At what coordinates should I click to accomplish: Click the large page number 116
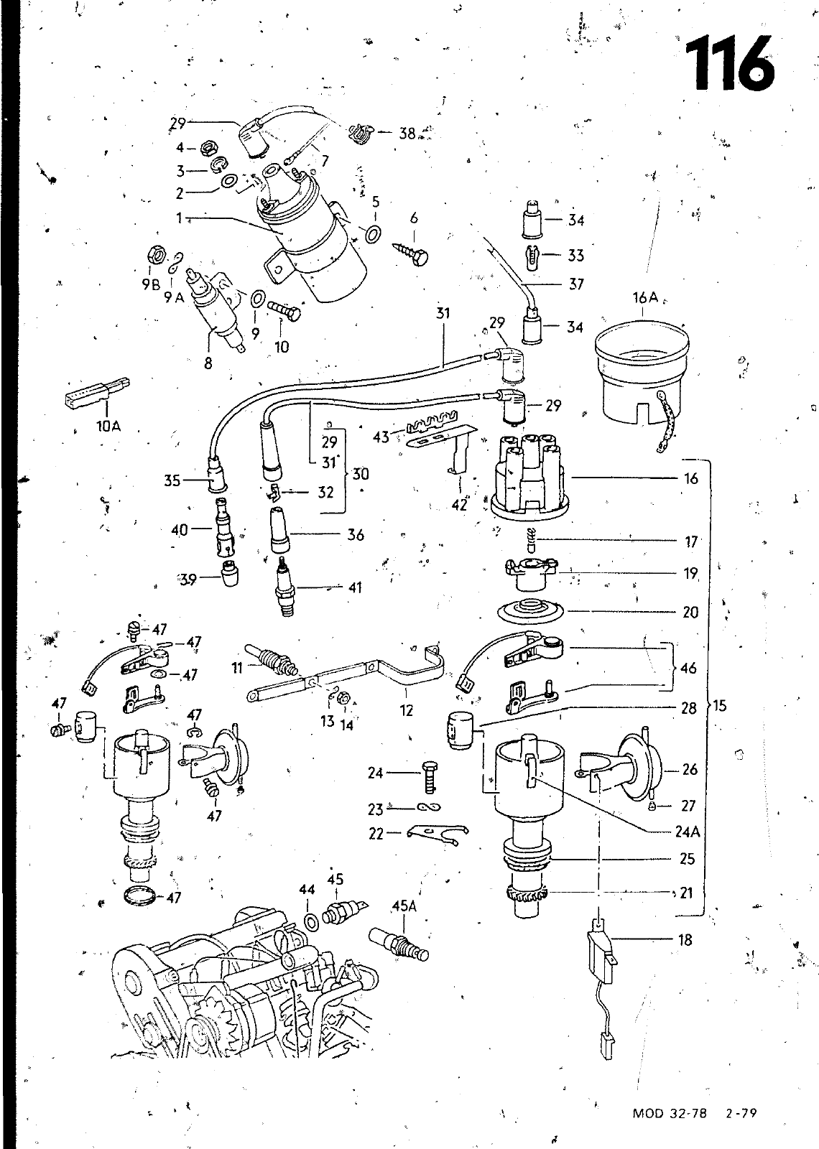click(x=730, y=63)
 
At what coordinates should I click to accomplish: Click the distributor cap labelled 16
click(x=528, y=476)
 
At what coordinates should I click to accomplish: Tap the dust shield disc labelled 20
click(x=530, y=610)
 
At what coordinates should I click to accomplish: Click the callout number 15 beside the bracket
click(x=720, y=706)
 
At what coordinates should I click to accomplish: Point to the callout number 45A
click(x=404, y=906)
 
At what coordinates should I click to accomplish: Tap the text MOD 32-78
click(x=669, y=1113)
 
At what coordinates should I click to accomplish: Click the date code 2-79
click(x=741, y=1113)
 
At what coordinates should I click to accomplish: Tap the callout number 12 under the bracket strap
click(x=406, y=711)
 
